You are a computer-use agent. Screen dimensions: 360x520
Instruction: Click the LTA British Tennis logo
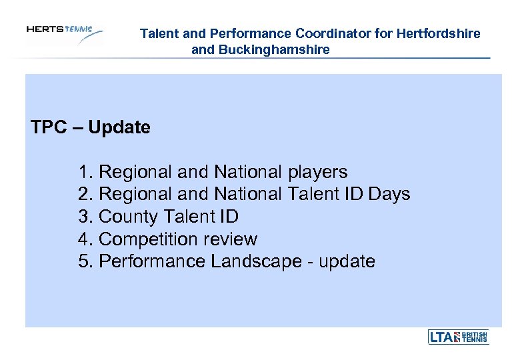(458, 337)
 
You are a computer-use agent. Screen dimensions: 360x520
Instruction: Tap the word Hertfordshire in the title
(439, 33)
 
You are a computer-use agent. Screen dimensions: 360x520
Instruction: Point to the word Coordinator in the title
(333, 33)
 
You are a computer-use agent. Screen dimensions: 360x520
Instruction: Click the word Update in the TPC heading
(119, 127)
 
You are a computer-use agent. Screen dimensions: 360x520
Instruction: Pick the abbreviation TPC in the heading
(47, 127)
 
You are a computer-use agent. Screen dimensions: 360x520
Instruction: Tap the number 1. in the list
(85, 172)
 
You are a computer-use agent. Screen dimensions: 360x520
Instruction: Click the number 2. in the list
(85, 195)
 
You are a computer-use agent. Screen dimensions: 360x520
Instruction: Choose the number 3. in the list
(85, 217)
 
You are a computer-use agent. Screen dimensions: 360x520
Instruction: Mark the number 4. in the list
(85, 239)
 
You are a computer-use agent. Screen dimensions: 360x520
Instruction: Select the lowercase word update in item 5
(347, 261)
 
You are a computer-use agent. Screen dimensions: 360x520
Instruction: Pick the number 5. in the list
(85, 261)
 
